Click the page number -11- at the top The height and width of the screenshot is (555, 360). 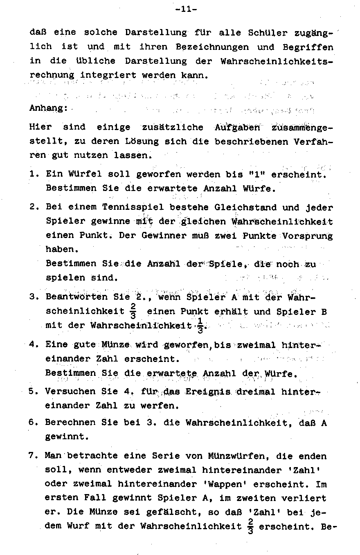tap(186, 9)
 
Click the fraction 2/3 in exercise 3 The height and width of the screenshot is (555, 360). tap(133, 312)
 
